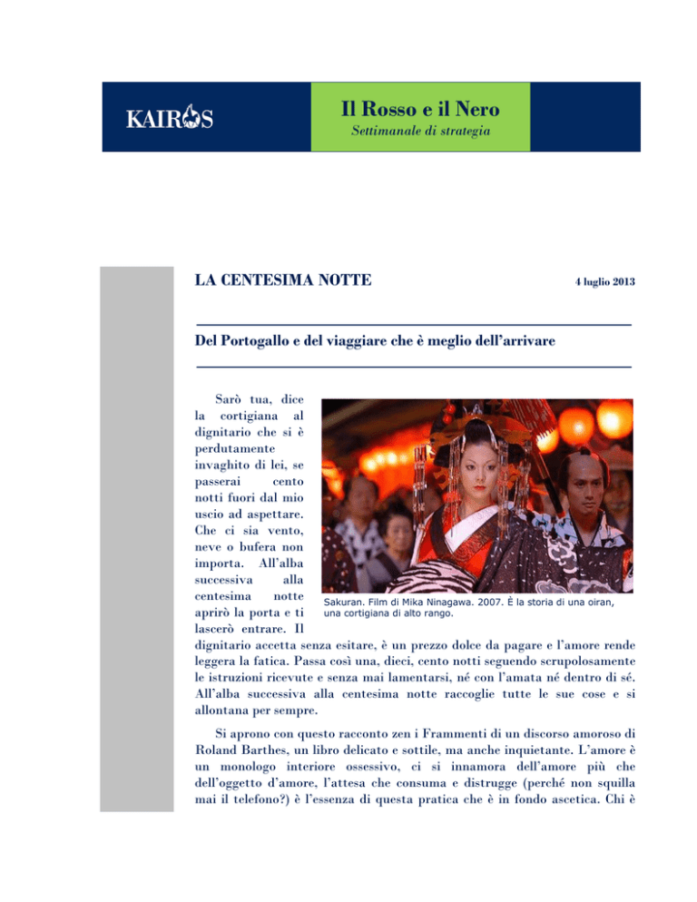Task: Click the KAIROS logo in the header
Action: point(169,119)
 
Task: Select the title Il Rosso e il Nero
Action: point(420,111)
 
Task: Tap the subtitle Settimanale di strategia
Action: point(420,133)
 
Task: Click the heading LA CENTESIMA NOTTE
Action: point(282,279)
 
